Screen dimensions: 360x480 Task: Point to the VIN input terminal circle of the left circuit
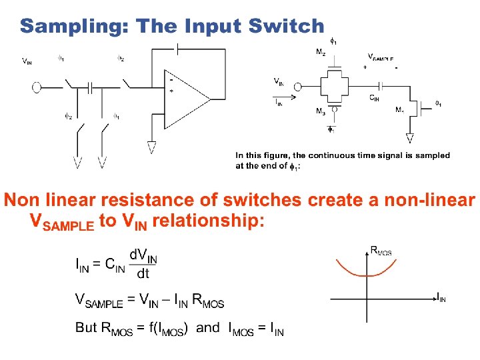37,86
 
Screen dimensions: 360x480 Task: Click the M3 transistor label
321,111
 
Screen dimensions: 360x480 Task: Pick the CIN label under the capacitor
375,97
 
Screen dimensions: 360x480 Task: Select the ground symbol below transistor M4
409,139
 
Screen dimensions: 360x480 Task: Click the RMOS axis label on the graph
381,251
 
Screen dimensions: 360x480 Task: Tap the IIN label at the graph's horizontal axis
441,299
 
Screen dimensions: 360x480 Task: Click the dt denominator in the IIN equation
143,274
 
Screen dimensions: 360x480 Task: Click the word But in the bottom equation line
86,328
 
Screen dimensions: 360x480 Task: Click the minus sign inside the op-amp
171,79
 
